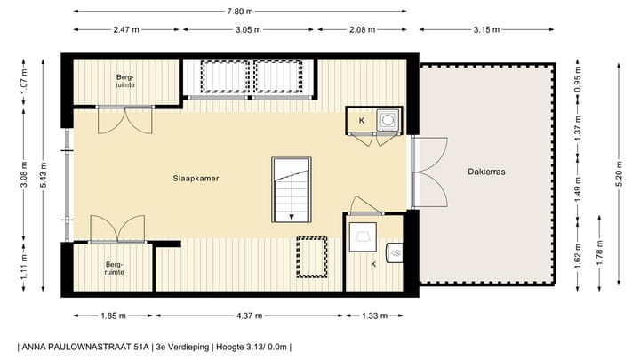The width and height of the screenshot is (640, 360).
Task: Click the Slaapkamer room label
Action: (x=196, y=178)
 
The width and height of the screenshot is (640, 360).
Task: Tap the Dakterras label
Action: (x=486, y=174)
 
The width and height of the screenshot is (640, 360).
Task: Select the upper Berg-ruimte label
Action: (x=125, y=82)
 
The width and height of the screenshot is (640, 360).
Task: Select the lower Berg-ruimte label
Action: (x=113, y=268)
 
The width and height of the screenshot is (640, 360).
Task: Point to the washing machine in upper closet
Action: (x=387, y=120)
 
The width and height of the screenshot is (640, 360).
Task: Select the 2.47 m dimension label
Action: (x=127, y=30)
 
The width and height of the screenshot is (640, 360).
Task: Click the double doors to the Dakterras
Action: (x=427, y=172)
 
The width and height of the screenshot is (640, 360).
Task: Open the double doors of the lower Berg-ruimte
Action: (x=117, y=228)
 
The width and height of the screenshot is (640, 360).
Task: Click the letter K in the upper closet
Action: (x=361, y=120)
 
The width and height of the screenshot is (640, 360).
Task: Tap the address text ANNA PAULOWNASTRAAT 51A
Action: (x=83, y=346)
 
